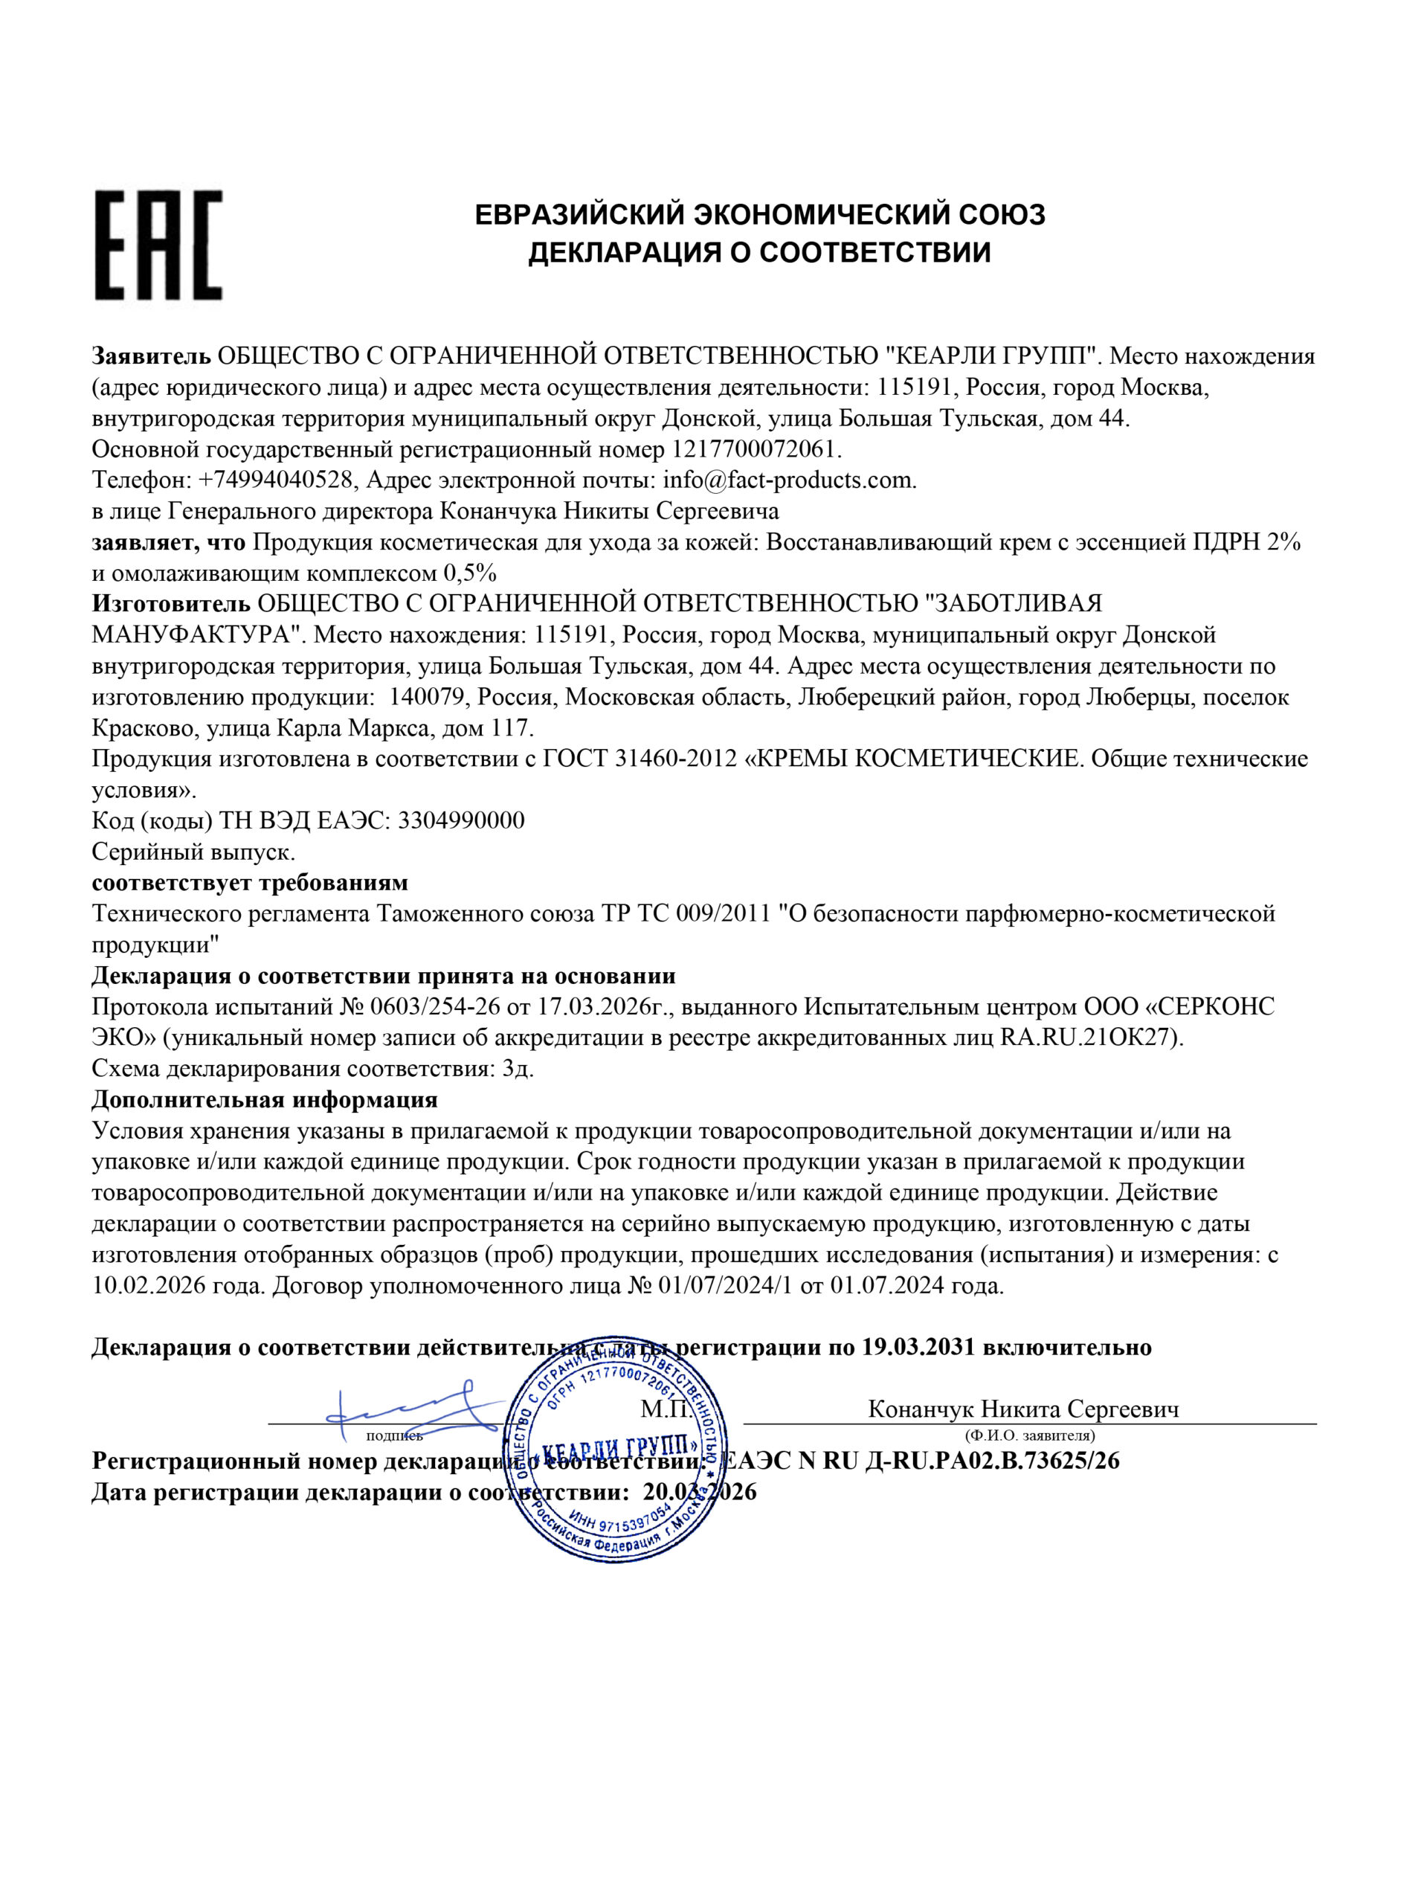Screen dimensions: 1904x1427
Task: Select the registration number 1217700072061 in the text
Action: (754, 449)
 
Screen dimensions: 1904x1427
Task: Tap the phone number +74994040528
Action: (275, 480)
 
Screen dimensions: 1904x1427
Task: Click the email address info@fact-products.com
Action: (787, 480)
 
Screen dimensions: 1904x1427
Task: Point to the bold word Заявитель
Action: (151, 356)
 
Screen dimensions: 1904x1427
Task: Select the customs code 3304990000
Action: (460, 820)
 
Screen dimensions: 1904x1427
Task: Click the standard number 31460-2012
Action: (677, 759)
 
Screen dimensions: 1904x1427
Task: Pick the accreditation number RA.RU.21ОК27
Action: (1089, 1038)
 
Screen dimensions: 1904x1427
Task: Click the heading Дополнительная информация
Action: (264, 1100)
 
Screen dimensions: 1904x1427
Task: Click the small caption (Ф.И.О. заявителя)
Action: (1029, 1435)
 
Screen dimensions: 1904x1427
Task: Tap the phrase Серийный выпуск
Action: (193, 852)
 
